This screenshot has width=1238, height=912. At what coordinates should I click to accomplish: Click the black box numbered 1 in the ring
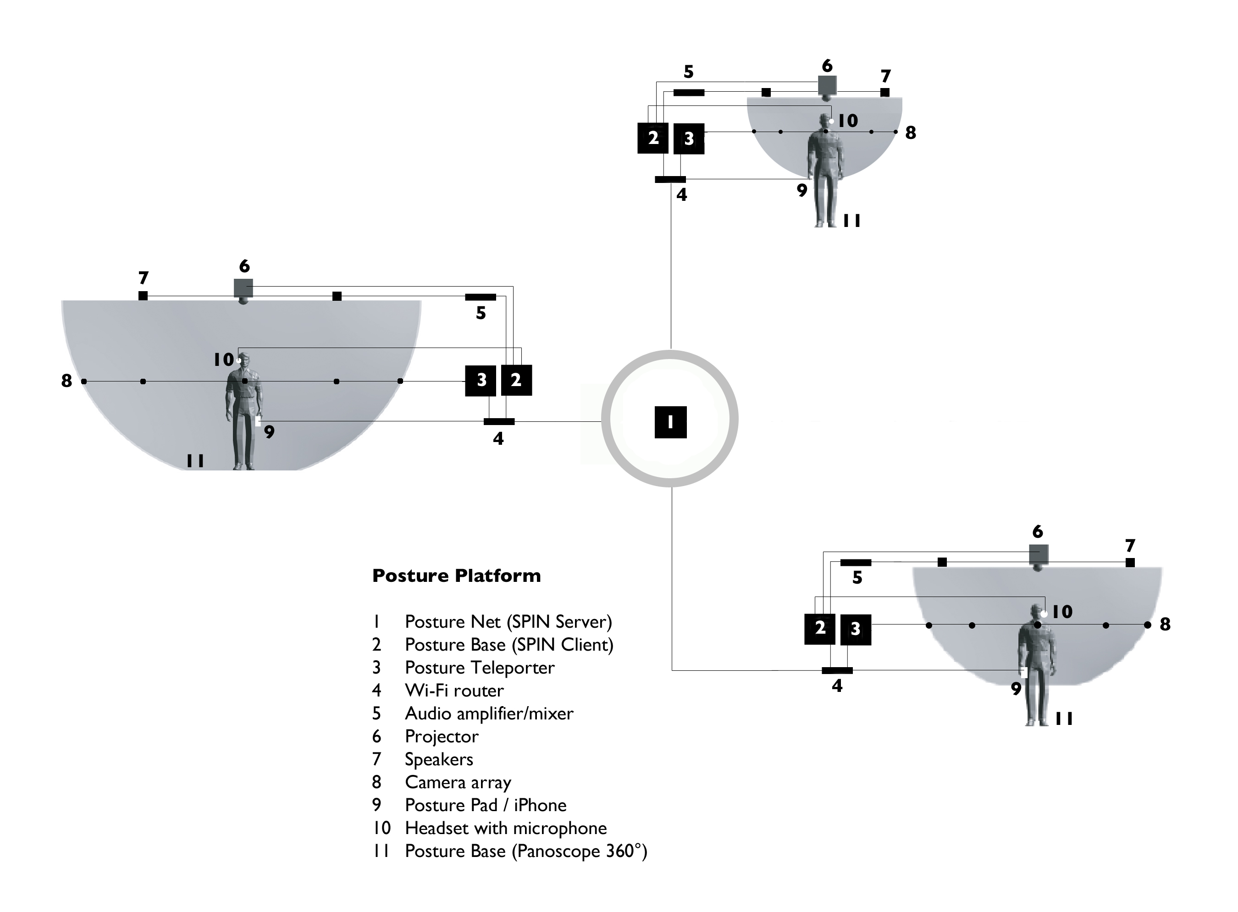[670, 422]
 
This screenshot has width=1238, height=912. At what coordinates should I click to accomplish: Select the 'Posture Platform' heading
[456, 576]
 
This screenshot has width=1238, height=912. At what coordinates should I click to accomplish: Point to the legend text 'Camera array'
[458, 782]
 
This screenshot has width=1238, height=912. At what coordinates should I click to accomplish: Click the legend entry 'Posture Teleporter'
[479, 668]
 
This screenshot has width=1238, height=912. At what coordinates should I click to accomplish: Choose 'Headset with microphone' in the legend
[506, 828]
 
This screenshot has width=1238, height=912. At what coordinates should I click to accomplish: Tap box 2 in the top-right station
[653, 138]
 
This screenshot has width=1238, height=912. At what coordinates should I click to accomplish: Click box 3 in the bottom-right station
[855, 630]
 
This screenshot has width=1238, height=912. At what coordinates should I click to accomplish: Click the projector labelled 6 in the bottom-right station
[1038, 555]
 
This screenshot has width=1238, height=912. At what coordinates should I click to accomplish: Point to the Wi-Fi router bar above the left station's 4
[499, 422]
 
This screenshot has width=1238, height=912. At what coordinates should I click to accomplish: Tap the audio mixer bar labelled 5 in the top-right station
[689, 93]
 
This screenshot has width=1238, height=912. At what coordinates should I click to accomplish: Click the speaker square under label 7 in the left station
[143, 296]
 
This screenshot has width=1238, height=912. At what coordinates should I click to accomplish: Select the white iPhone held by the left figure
[258, 421]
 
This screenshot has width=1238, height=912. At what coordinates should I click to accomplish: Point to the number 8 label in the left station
[66, 381]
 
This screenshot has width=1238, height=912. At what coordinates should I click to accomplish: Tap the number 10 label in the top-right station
[848, 121]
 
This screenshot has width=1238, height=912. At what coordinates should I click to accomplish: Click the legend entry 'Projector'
[442, 736]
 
